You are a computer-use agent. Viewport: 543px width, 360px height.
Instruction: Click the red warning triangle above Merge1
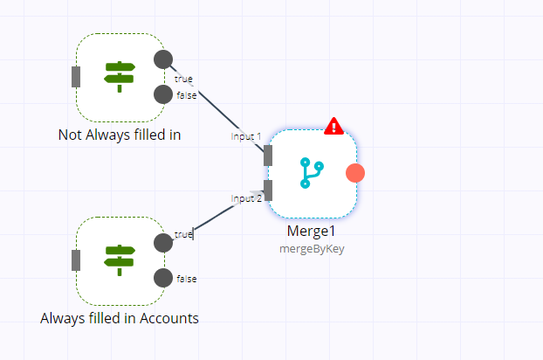pos(333,127)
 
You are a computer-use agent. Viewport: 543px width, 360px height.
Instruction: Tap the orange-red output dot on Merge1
pos(354,173)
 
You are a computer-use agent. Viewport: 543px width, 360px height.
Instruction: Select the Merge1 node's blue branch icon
pos(311,173)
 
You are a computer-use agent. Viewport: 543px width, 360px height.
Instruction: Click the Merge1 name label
pos(311,232)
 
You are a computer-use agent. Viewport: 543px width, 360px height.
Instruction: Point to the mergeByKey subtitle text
pos(311,248)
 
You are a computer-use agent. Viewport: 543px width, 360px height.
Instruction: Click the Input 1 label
pos(246,136)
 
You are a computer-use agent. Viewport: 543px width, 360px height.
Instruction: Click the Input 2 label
pos(246,198)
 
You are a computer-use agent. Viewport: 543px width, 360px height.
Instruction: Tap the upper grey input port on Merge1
pos(268,156)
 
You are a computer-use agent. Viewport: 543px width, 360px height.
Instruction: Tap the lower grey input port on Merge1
pos(268,190)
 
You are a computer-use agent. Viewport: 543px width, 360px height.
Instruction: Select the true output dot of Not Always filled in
pos(162,59)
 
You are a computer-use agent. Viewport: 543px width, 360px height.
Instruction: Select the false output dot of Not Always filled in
pos(162,94)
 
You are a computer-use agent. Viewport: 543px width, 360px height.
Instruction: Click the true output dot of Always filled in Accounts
pos(162,243)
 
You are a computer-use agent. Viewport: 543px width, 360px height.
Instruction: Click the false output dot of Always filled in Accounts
pos(162,278)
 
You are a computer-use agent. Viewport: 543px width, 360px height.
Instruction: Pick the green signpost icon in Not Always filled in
pos(119,76)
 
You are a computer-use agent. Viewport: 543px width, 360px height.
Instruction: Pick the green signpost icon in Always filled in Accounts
pos(119,260)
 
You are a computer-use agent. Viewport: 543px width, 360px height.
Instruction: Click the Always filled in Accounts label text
pos(120,318)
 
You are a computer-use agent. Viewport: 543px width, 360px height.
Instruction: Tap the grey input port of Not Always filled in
pos(76,77)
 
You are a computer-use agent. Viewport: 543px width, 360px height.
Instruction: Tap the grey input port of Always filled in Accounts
pos(76,260)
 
